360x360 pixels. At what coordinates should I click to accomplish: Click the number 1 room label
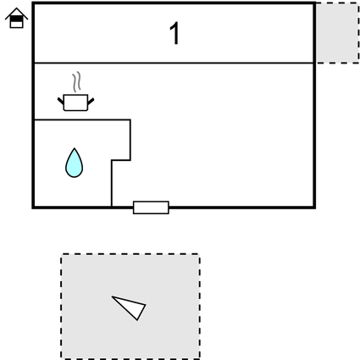pyautogui.click(x=175, y=33)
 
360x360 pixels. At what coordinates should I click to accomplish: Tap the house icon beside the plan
pyautogui.click(x=16, y=18)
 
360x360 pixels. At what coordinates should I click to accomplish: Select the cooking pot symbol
pyautogui.click(x=75, y=102)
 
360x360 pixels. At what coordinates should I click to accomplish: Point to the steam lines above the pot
pyautogui.click(x=76, y=82)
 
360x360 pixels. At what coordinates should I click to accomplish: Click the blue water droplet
pyautogui.click(x=74, y=163)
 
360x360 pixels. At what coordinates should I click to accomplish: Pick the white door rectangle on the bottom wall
pyautogui.click(x=151, y=208)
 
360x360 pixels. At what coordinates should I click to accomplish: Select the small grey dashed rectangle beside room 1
pyautogui.click(x=338, y=33)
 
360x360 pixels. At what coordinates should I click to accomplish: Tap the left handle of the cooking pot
pyautogui.click(x=61, y=101)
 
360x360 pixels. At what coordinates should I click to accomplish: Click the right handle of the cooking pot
pyautogui.click(x=91, y=101)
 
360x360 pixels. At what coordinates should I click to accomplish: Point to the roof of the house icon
pyautogui.click(x=16, y=13)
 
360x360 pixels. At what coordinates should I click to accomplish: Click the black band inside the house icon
pyautogui.click(x=16, y=19)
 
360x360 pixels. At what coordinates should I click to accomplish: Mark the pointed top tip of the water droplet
pyautogui.click(x=75, y=147)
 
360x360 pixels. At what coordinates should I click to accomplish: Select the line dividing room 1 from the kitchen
pyautogui.click(x=174, y=63)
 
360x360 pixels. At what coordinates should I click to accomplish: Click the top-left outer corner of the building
pyautogui.click(x=33, y=3)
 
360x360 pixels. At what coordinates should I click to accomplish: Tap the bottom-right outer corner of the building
pyautogui.click(x=314, y=208)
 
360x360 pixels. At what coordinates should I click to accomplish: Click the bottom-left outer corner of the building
pyautogui.click(x=33, y=208)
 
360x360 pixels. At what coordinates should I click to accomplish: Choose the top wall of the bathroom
pyautogui.click(x=82, y=120)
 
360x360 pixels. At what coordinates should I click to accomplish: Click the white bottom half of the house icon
pyautogui.click(x=16, y=25)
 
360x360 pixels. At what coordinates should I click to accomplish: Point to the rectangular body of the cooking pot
pyautogui.click(x=75, y=102)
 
